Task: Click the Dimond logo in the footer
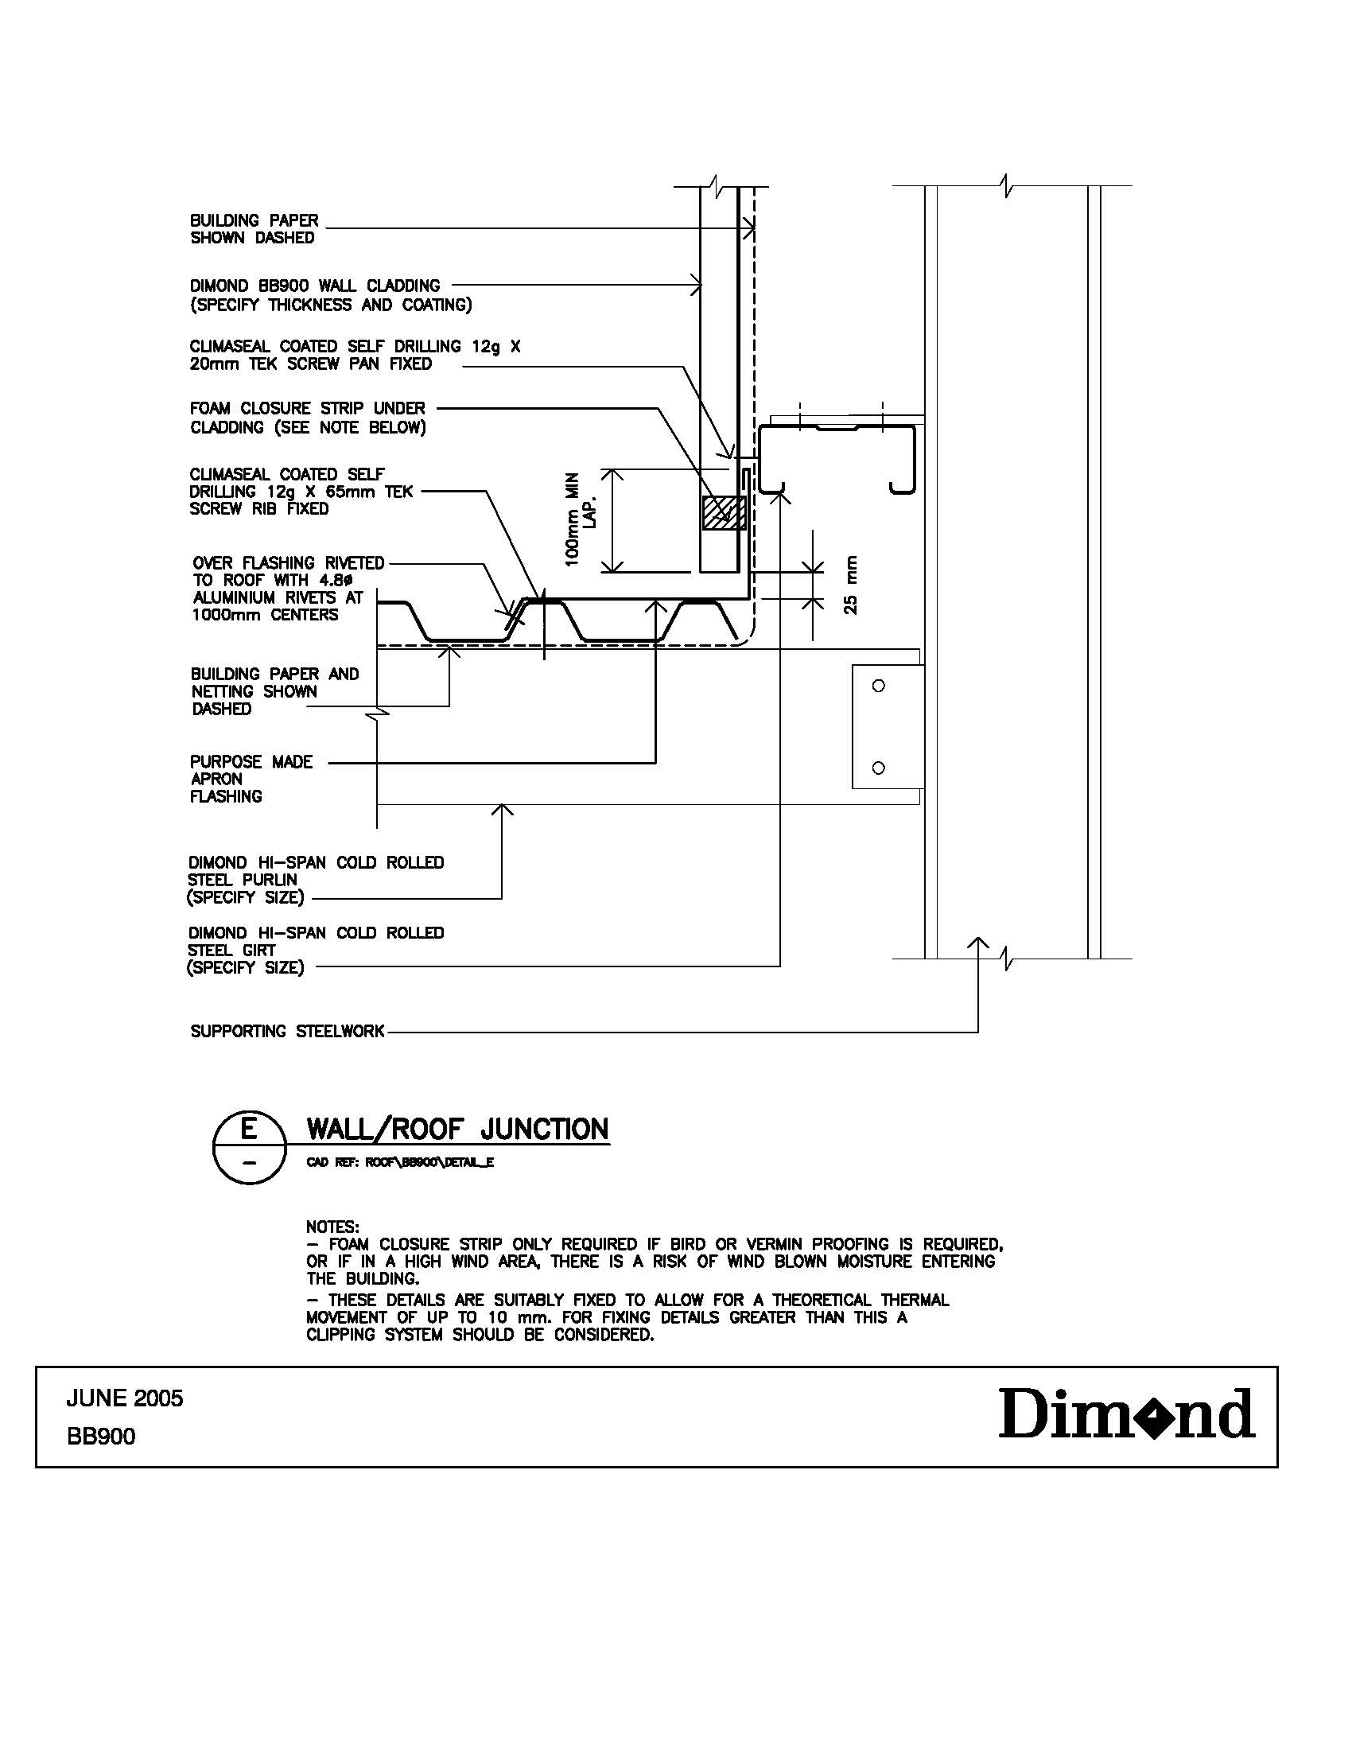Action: click(x=1126, y=1414)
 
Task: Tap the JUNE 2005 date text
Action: click(x=124, y=1398)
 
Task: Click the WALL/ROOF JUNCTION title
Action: click(x=457, y=1129)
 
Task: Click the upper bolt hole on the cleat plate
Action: click(x=878, y=686)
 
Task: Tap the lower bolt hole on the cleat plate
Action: click(x=878, y=768)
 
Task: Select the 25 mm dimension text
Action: click(x=851, y=585)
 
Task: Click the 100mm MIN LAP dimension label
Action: click(x=580, y=520)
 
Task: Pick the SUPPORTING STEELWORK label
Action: click(x=287, y=1031)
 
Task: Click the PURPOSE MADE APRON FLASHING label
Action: click(x=250, y=779)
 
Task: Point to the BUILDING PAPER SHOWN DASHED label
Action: click(x=253, y=229)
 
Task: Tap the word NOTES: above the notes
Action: click(x=332, y=1227)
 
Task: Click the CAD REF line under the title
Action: click(x=400, y=1164)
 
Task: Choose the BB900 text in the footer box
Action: click(x=101, y=1437)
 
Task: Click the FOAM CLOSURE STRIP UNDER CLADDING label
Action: click(x=308, y=418)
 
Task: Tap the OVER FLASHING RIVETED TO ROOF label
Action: click(x=288, y=589)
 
